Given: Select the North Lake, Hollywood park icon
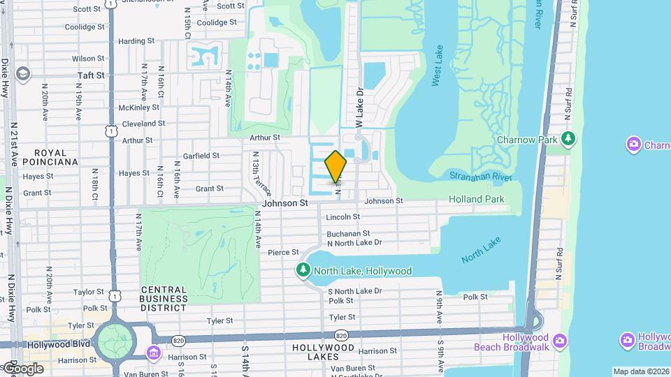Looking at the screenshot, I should pyautogui.click(x=304, y=271).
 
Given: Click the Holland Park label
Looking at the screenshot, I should pyautogui.click(x=476, y=199).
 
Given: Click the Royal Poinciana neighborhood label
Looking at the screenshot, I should pyautogui.click(x=50, y=157).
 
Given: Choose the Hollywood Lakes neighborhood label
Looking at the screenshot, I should pyautogui.click(x=324, y=352).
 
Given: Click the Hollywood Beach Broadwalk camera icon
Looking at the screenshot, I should pyautogui.click(x=559, y=340).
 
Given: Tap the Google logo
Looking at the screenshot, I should pyautogui.click(x=22, y=368).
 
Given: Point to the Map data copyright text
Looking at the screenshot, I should pyautogui.click(x=641, y=371).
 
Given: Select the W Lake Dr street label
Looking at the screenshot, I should pyautogui.click(x=360, y=107).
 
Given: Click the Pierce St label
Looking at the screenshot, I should pyautogui.click(x=283, y=252).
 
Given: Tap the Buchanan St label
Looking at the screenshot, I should pyautogui.click(x=347, y=233).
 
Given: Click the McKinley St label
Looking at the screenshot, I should pyautogui.click(x=139, y=108).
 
